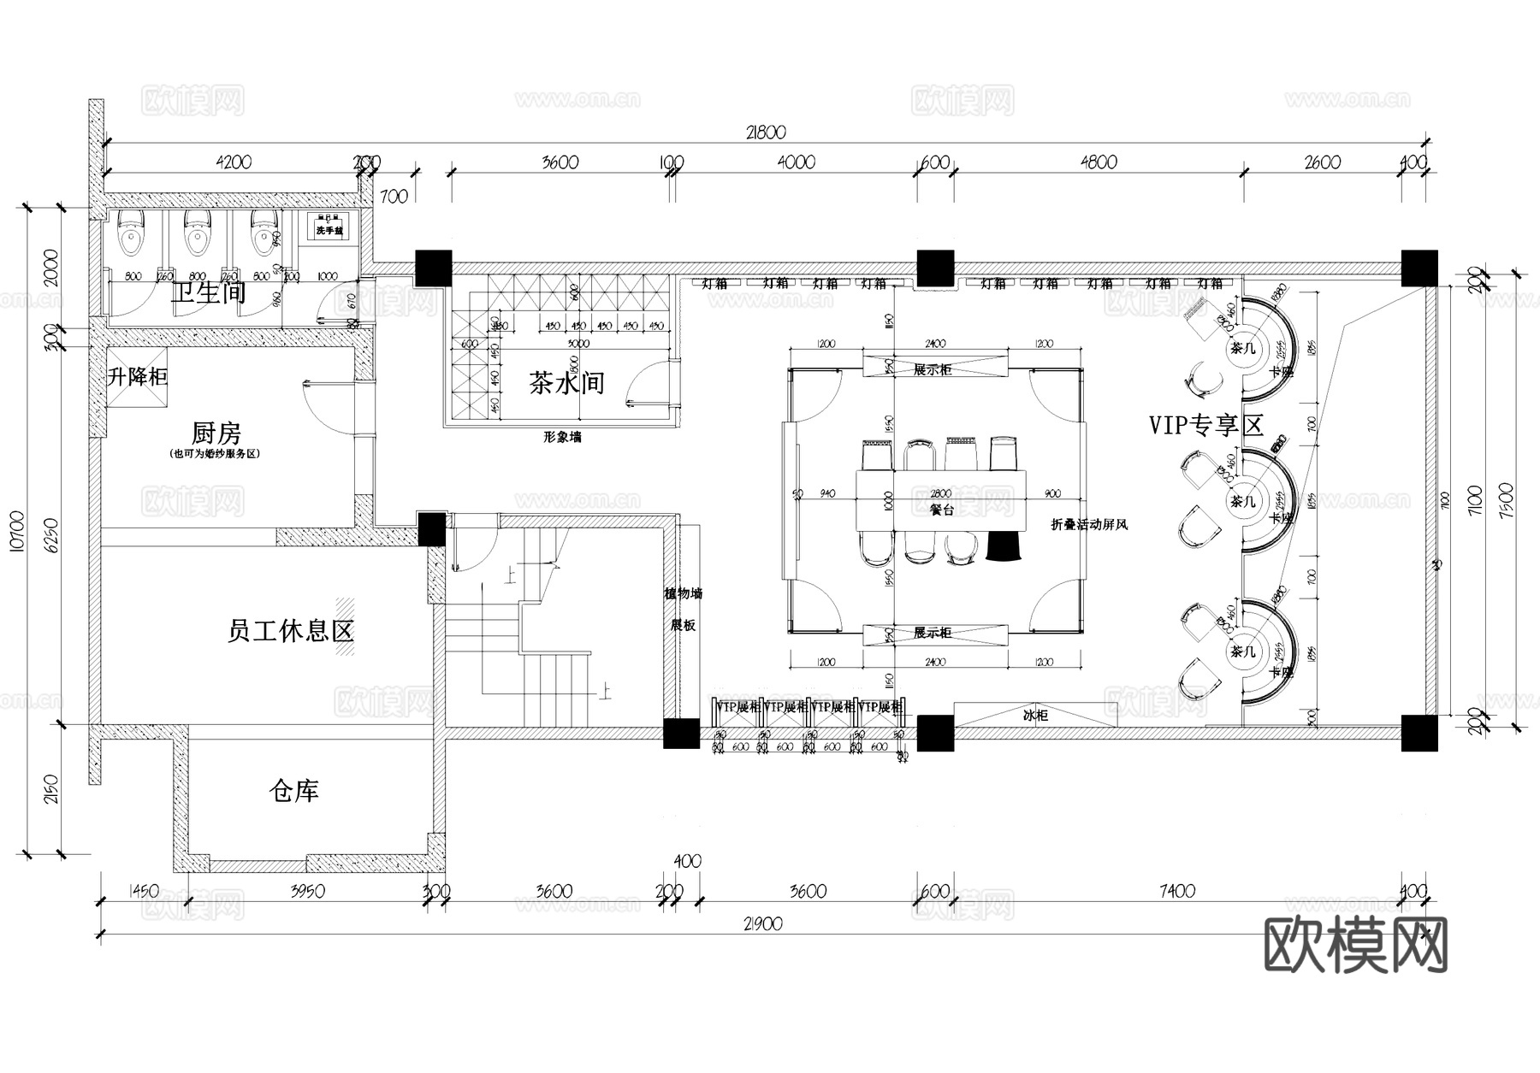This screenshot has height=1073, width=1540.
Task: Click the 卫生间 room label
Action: (209, 293)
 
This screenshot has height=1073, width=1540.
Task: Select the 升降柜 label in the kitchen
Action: (137, 376)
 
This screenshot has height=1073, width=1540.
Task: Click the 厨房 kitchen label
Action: (216, 433)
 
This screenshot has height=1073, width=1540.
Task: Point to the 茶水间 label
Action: (566, 382)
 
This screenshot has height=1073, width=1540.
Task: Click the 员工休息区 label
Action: (290, 632)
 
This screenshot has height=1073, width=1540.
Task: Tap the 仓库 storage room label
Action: (293, 791)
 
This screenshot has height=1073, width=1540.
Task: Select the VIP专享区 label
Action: (1206, 425)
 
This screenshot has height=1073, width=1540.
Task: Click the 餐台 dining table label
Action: (941, 510)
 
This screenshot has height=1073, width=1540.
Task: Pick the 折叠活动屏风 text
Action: (1089, 524)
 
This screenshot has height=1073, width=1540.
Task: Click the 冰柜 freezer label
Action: (1035, 715)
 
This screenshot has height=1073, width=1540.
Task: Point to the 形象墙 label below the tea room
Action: (562, 437)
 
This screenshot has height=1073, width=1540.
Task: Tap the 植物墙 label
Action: (683, 593)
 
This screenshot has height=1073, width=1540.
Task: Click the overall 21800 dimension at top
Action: (765, 133)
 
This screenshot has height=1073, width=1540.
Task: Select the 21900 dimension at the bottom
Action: (763, 924)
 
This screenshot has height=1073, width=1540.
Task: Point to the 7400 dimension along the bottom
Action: (1177, 892)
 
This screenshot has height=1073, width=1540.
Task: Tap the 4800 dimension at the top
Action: (1099, 162)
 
